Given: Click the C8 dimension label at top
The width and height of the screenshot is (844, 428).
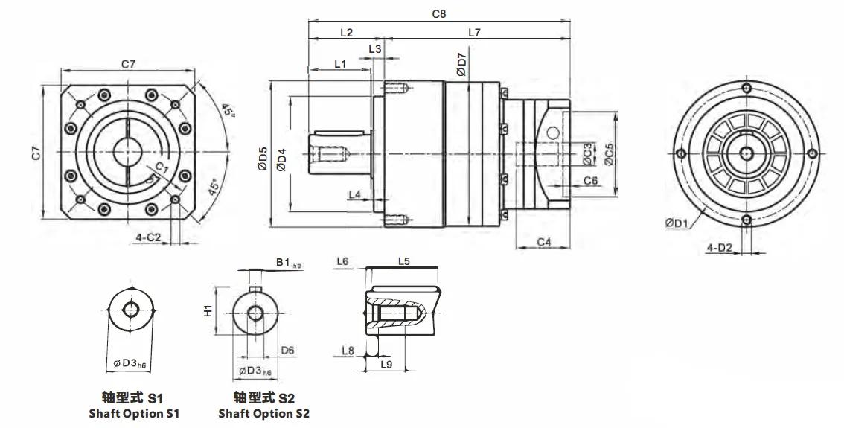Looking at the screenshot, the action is coord(438,14).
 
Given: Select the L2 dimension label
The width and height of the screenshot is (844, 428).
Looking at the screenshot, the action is coord(347,32).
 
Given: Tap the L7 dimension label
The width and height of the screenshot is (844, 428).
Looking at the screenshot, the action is coord(473,32).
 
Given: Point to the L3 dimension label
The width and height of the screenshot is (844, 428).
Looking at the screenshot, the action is coord(375,48).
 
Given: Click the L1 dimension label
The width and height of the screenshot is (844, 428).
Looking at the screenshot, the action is coord(340,63).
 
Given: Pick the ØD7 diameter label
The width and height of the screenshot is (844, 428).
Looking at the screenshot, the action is coord(461,65).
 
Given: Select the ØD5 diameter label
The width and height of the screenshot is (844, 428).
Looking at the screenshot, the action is coord(262,159).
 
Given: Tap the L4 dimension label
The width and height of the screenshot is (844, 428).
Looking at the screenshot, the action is coord(355,194).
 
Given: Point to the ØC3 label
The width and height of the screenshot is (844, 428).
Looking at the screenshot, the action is coord(588,153).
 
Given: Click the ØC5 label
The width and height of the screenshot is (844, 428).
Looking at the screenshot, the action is coord(609,154).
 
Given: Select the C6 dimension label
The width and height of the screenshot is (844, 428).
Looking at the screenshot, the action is coord(590,181).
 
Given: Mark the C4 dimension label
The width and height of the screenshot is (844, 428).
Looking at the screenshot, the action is coord(544,242).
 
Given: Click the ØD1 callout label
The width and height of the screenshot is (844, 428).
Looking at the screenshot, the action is coord(677,222).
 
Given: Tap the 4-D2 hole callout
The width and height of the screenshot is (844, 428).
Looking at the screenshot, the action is coord(719,247).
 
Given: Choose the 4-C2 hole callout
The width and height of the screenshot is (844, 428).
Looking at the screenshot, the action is coord(149,237).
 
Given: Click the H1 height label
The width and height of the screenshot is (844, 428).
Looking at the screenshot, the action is coord(208,310).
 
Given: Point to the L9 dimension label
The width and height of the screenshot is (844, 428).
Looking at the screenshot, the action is coord(386,364).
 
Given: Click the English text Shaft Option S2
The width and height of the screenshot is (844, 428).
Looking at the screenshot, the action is coord(263,413).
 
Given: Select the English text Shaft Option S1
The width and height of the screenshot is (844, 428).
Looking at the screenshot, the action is coord(134,413).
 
